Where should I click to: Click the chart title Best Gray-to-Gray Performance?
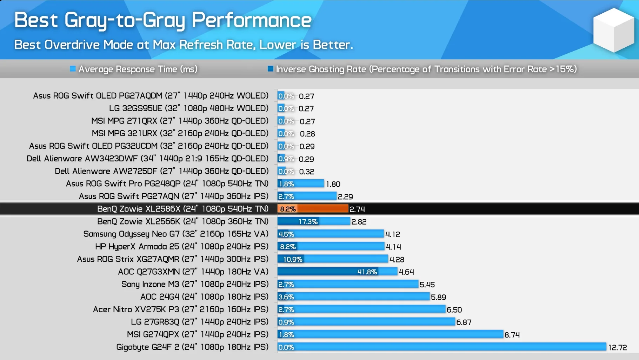pyautogui.click(x=162, y=20)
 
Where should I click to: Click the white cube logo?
pyautogui.click(x=613, y=30)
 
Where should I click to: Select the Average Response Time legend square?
pyautogui.click(x=73, y=69)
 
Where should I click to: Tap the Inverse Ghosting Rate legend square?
pyautogui.click(x=270, y=69)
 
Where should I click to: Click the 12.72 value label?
pyautogui.click(x=617, y=347)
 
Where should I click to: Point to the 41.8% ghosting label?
pyautogui.click(x=367, y=272)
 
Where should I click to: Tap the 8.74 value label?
pyautogui.click(x=512, y=335)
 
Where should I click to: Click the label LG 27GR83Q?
pyautogui.click(x=199, y=322)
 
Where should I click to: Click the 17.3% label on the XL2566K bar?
pyautogui.click(x=308, y=221)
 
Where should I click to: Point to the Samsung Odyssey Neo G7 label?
pyautogui.click(x=175, y=234)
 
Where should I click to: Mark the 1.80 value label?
pyautogui.click(x=333, y=184)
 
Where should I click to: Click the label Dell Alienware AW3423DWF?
pyautogui.click(x=147, y=159)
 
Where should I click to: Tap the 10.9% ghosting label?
pyautogui.click(x=293, y=259)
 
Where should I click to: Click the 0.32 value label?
pyautogui.click(x=306, y=172)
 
